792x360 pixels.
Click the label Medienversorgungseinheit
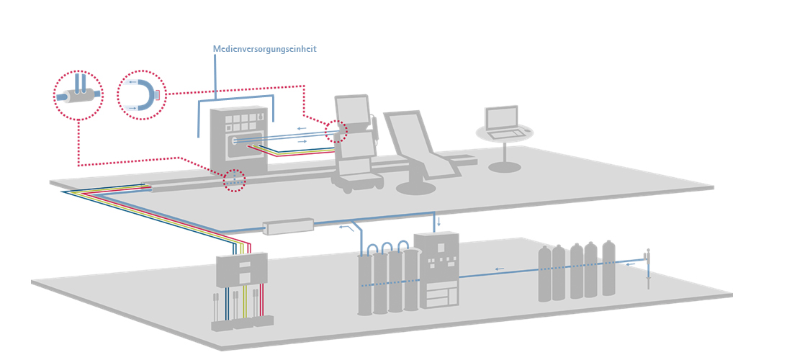pyautogui.click(x=264, y=49)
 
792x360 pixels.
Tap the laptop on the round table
pyautogui.click(x=503, y=122)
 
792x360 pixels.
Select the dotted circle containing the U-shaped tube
pyautogui.click(x=141, y=95)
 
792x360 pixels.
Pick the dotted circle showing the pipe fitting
pyautogui.click(x=78, y=95)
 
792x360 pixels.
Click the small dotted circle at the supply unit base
pyautogui.click(x=234, y=180)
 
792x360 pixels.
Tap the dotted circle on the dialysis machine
pyautogui.click(x=336, y=132)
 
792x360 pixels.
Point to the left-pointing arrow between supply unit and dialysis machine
pyautogui.click(x=302, y=128)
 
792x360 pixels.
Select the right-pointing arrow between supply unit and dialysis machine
pyautogui.click(x=302, y=141)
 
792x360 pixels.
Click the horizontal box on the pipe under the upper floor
pyautogui.click(x=288, y=226)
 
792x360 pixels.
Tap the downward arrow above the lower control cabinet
pyautogui.click(x=438, y=221)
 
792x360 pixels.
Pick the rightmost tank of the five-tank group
pyautogui.click(x=608, y=269)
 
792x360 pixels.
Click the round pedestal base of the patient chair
pyautogui.click(x=415, y=189)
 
